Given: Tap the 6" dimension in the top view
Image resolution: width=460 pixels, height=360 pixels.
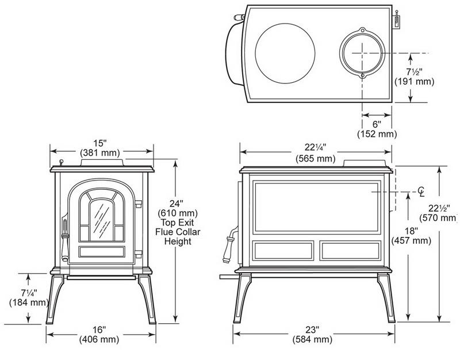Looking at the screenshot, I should click(376, 124).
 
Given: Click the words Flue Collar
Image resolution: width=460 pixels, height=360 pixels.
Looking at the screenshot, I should click(174, 231).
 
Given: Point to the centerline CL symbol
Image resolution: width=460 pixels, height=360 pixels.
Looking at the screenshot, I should click(421, 190).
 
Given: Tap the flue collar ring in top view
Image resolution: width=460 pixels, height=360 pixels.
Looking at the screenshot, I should click(362, 52).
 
